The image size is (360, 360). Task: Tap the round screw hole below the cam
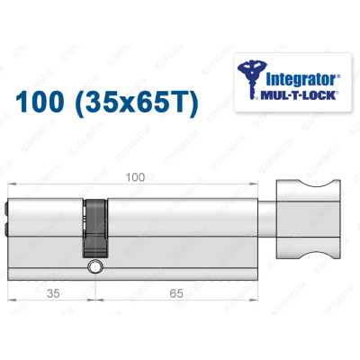(x=94, y=267)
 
